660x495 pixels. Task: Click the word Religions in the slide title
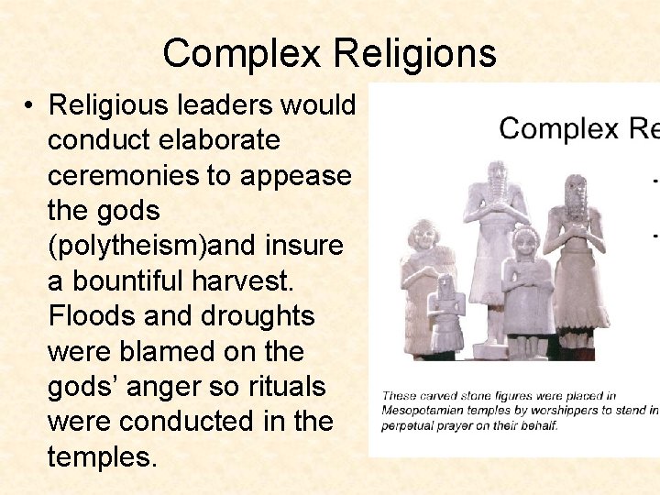pyautogui.click(x=414, y=54)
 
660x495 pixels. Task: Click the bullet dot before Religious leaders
pyautogui.click(x=30, y=106)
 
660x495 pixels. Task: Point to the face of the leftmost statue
pyautogui.click(x=424, y=237)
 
